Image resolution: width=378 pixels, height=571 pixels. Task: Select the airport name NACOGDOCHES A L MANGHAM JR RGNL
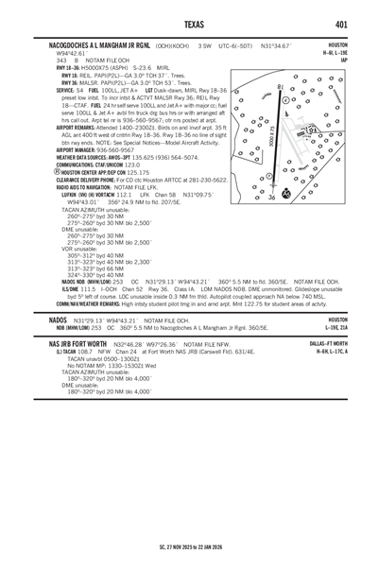94,43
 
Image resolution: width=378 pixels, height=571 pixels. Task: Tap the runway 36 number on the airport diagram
272,197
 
